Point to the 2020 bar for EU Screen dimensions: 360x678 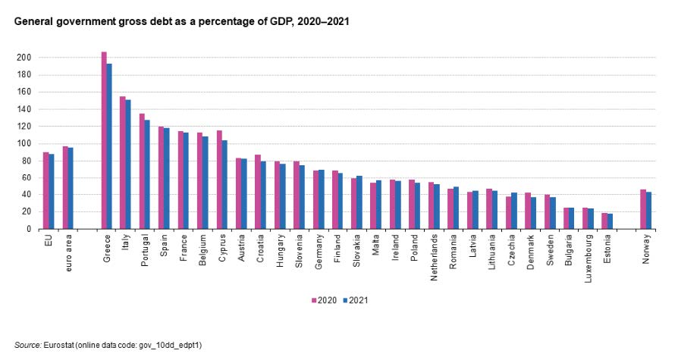46,190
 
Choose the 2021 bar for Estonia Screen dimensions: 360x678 610,221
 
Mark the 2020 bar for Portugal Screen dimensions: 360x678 142,171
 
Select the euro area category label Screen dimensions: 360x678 69,249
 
